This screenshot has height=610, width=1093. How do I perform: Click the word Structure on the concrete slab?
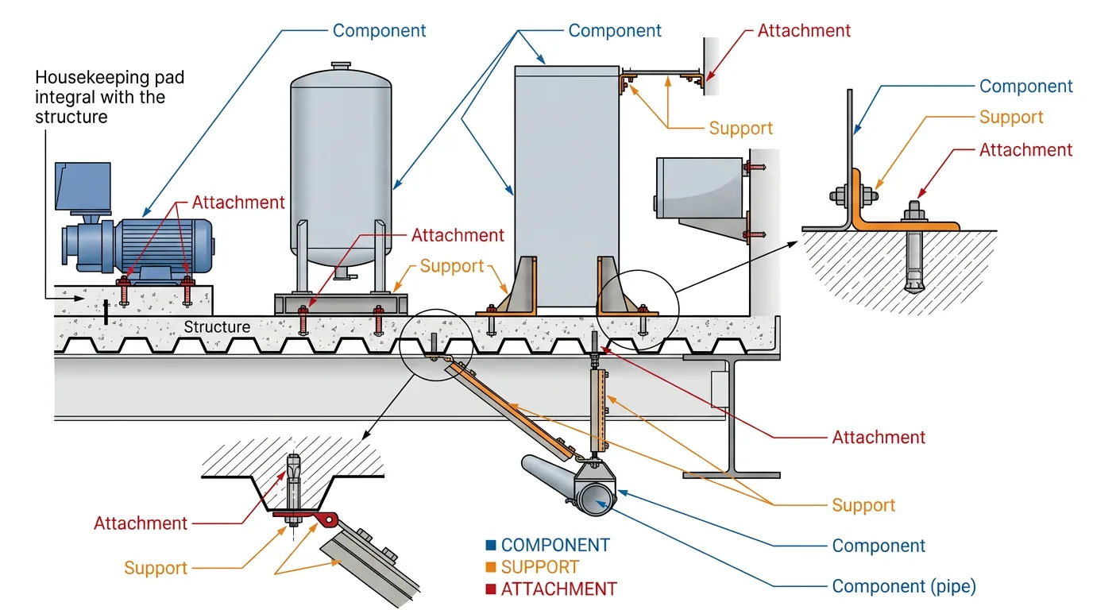217,326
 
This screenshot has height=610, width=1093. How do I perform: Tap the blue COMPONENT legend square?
491,546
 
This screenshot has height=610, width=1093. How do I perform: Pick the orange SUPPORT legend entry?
539,567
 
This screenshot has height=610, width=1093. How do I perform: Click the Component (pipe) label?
903,587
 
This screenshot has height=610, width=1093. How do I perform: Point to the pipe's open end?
595,498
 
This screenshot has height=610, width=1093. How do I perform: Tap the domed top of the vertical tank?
341,79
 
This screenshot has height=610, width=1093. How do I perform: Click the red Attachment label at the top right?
803,31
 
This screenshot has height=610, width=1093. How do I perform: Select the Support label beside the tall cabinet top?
740,128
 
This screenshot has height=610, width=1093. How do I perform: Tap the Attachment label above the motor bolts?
238,202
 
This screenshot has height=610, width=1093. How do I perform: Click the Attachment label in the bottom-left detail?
141,523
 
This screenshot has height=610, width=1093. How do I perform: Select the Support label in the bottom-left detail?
156,568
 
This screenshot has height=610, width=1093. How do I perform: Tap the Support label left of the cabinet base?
452,266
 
